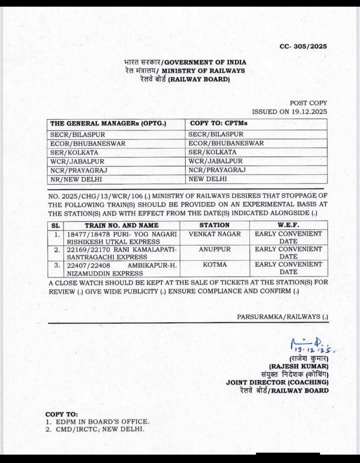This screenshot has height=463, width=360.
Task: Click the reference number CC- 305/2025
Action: (303, 46)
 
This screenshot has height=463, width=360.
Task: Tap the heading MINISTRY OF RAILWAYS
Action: (203, 71)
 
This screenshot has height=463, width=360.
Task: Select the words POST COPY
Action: (309, 103)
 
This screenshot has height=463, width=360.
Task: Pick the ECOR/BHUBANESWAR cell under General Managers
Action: (88, 143)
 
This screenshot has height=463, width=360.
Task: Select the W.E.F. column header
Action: (289, 225)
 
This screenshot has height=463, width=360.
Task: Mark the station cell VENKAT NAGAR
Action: (215, 234)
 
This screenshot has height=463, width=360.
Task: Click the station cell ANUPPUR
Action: (215, 249)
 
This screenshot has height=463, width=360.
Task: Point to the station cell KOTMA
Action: (215, 264)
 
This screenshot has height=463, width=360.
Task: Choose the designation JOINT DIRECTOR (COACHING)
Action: (277, 383)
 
